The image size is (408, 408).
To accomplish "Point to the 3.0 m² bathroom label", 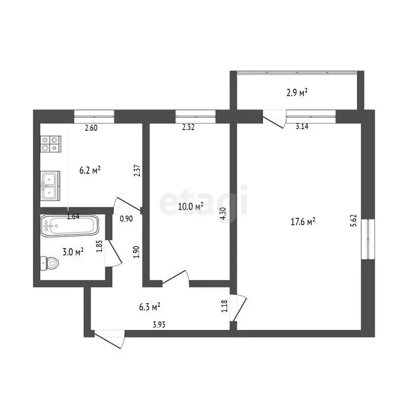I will pyautogui.click(x=72, y=252).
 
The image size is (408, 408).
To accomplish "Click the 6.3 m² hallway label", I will pyautogui.click(x=150, y=307).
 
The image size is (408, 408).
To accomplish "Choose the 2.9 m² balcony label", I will pyautogui.click(x=297, y=92).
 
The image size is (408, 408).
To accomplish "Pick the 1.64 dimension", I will pyautogui.click(x=74, y=216).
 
